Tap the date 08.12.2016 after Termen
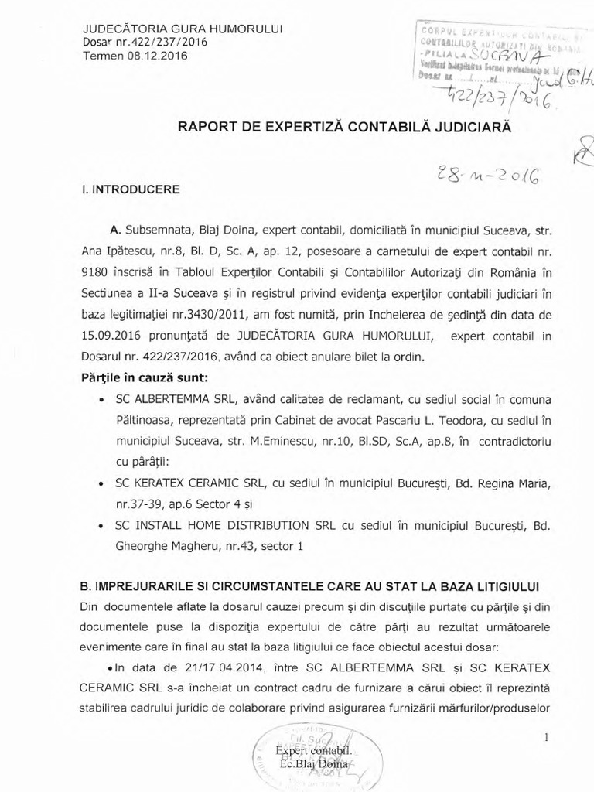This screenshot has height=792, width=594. (x=159, y=56)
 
